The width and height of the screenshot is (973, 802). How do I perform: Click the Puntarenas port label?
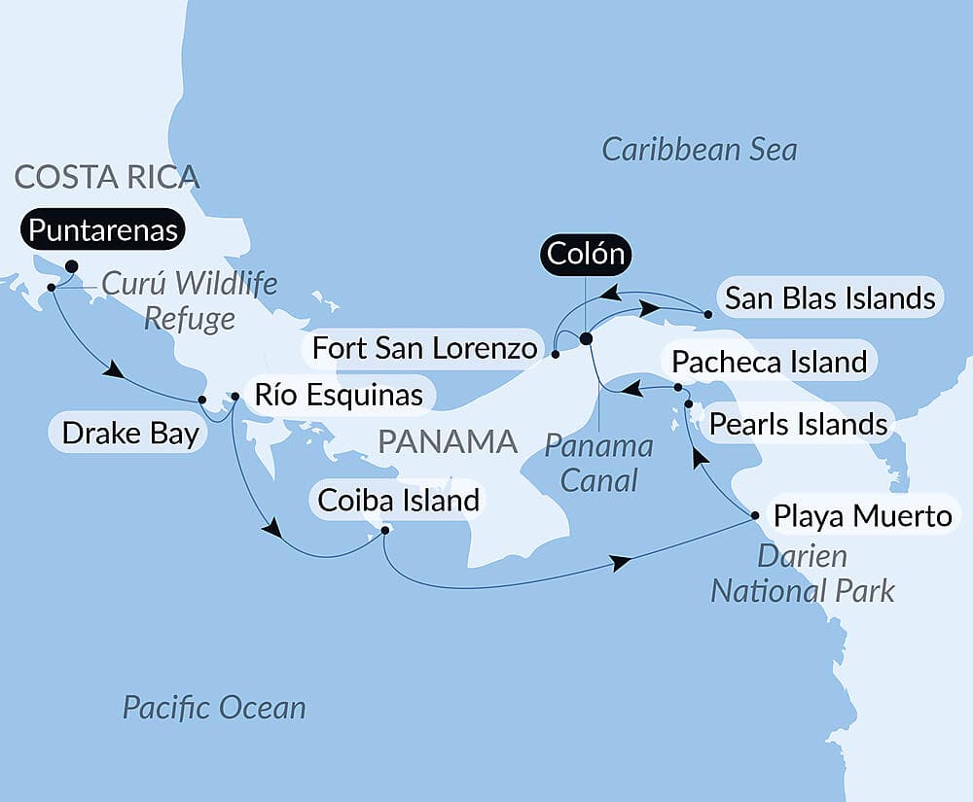pos(103,230)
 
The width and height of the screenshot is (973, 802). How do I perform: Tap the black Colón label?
pos(584,255)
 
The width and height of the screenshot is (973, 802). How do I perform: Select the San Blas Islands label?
pos(830,298)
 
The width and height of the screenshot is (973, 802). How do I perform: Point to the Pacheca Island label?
pos(770,363)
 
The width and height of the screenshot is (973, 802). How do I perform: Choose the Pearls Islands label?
pos(798,424)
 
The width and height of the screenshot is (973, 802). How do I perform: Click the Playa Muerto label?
pos(862,515)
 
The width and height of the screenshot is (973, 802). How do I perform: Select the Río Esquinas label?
pos(338,395)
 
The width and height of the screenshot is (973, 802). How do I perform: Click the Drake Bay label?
pos(129,433)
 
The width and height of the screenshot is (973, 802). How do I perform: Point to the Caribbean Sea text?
pos(699,150)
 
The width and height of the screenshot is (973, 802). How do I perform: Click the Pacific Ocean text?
pos(214,708)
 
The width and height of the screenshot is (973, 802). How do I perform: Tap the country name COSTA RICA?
pos(107,176)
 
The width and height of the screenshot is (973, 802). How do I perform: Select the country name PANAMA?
pos(448,441)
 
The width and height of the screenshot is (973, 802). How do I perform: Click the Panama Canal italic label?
pos(598,463)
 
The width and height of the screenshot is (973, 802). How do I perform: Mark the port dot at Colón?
pos(586,338)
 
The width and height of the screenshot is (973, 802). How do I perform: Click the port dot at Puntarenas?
pos(71,265)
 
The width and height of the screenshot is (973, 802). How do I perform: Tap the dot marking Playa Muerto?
pos(755,515)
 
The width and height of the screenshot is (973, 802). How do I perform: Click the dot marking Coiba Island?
pos(385,530)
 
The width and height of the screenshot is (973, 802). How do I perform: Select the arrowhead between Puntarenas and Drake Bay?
pos(114,370)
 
